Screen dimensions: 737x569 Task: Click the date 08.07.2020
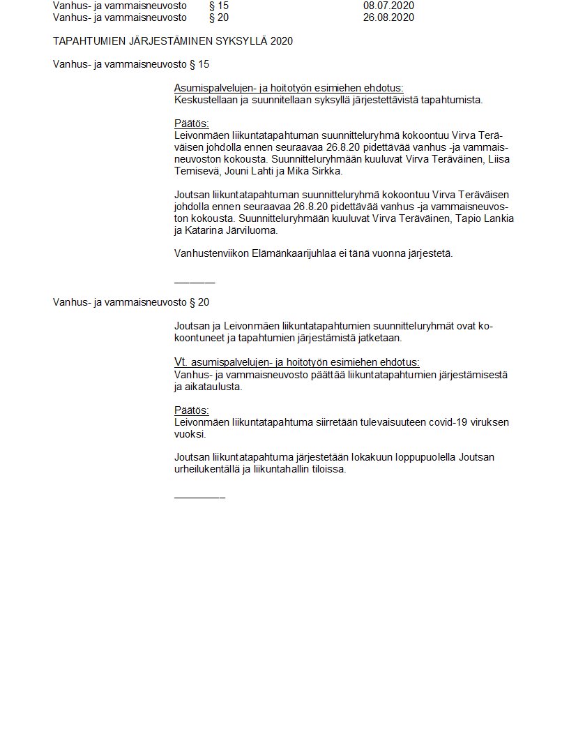(388, 6)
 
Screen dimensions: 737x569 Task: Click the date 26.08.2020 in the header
(388, 17)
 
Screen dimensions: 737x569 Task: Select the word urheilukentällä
(206, 469)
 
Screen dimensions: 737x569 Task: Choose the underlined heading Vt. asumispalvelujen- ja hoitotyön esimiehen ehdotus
(296, 362)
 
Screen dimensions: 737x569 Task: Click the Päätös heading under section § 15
(191, 124)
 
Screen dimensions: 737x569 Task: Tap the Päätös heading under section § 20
(191, 410)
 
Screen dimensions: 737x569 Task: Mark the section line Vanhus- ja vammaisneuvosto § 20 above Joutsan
(131, 302)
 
